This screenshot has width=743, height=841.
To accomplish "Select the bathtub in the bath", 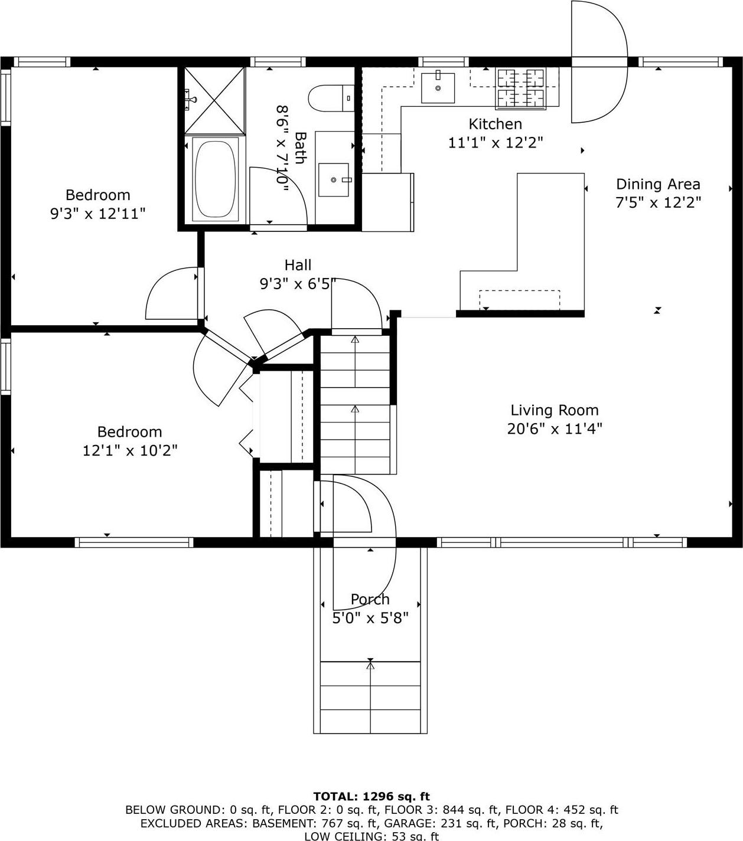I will click(216, 179).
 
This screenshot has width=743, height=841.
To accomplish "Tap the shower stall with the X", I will click(214, 100).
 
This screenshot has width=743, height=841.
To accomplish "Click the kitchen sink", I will click(438, 88).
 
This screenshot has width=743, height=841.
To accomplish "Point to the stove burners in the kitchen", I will click(520, 88).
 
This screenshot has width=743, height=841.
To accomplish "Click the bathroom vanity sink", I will click(334, 179).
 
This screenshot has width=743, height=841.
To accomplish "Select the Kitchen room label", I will click(495, 124).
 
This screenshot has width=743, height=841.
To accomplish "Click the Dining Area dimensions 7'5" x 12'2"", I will click(658, 202).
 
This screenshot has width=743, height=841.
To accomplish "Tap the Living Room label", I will click(554, 410).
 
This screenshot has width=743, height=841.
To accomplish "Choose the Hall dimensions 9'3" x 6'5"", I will click(298, 284).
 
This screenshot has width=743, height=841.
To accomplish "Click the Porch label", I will click(370, 599).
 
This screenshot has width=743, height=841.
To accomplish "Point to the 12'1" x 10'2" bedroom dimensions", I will click(130, 450).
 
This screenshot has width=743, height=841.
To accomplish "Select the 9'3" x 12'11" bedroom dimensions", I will click(97, 213).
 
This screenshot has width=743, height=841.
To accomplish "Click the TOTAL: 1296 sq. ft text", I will click(371, 796).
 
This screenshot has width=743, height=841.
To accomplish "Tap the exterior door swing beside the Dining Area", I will click(598, 62).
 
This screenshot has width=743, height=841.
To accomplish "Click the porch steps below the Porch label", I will click(370, 696).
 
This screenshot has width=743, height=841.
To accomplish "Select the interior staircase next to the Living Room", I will click(355, 405).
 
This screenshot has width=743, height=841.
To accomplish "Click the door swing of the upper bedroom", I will click(172, 293).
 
